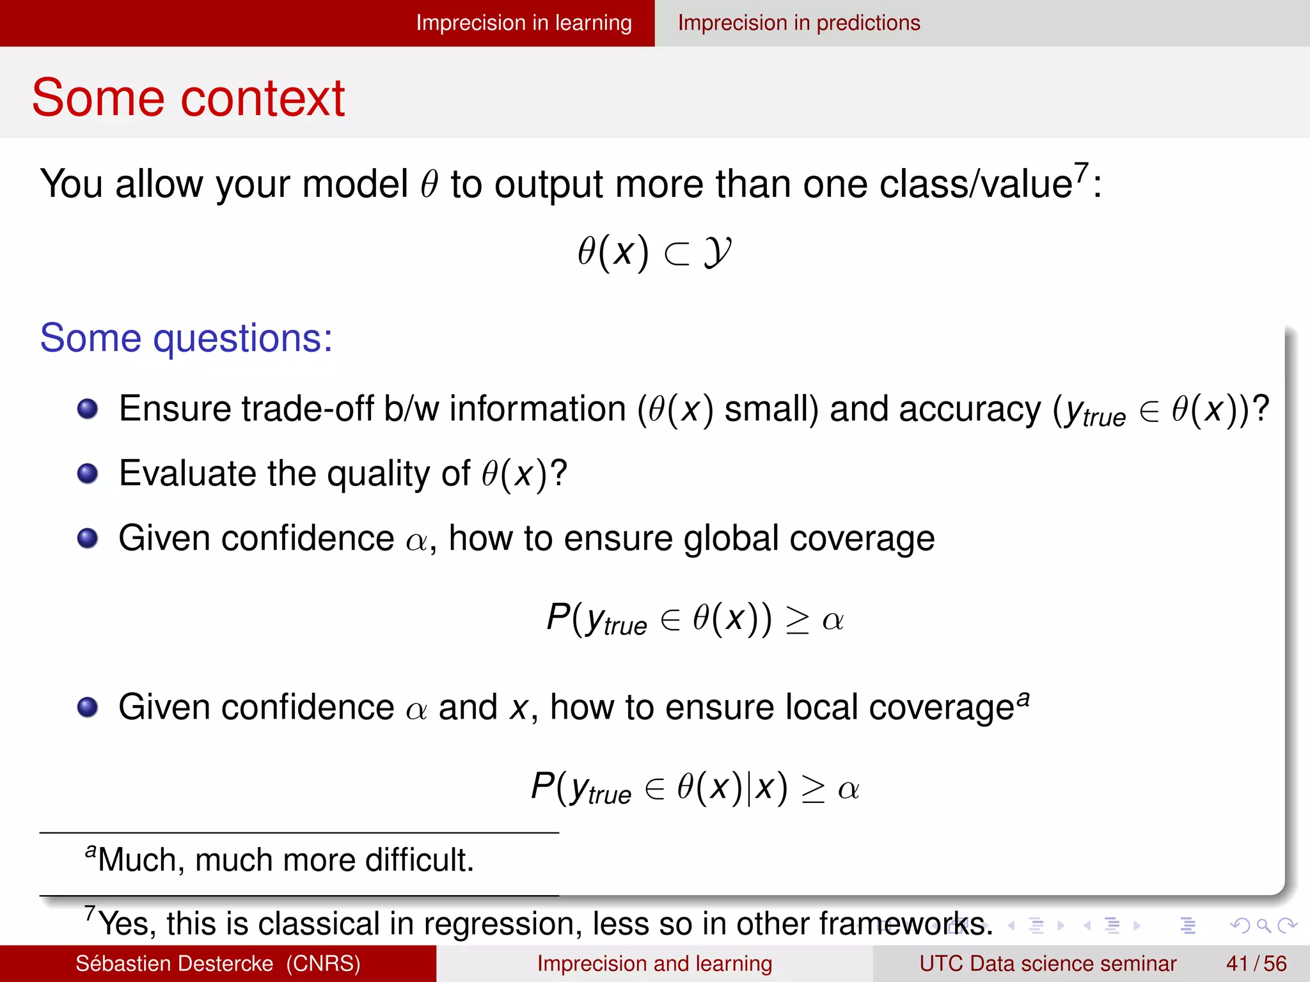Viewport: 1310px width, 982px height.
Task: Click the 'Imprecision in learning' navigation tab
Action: click(523, 23)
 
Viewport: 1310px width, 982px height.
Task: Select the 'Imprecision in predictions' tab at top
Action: click(798, 23)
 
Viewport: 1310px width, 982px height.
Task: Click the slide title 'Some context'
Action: click(188, 98)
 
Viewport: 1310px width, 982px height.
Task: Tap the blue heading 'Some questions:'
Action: click(186, 338)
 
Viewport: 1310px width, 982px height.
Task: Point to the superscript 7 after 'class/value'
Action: click(1081, 172)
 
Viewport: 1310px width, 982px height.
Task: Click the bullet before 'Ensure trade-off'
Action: click(88, 409)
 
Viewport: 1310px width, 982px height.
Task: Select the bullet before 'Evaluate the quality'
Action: click(88, 474)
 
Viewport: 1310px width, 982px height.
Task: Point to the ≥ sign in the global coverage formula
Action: click(797, 620)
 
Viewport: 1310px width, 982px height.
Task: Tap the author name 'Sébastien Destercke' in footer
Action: click(174, 963)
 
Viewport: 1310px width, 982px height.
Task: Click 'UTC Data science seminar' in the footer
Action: click(1047, 963)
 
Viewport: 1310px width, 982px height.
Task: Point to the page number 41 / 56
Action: click(1256, 963)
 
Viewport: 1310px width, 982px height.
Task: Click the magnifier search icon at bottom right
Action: click(1263, 925)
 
